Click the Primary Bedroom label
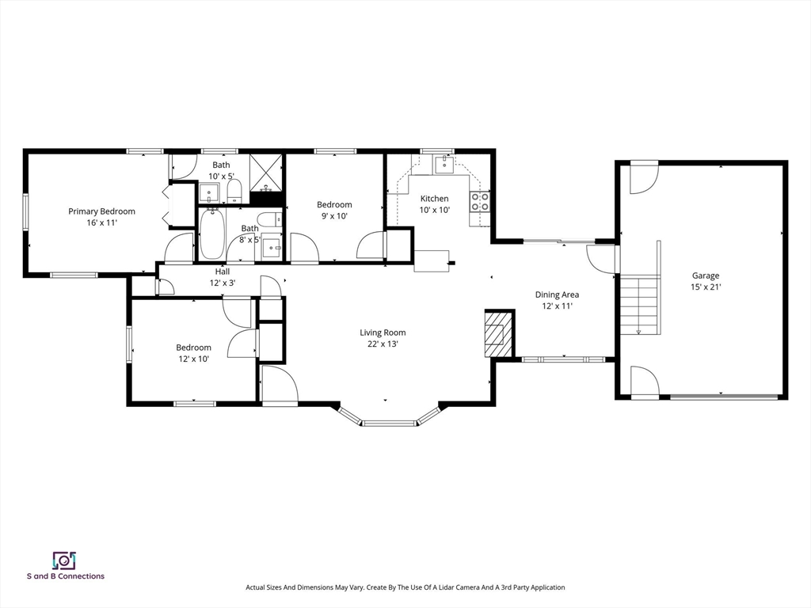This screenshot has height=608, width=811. click(102, 211)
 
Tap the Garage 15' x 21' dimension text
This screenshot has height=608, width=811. click(706, 287)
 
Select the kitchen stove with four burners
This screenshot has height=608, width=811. click(480, 202)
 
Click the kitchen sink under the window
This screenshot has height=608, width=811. click(444, 165)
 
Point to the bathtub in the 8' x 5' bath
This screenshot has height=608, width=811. click(212, 234)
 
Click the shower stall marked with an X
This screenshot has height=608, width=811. click(266, 172)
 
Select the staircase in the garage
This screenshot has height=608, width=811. click(640, 306)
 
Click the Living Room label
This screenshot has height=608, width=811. click(383, 332)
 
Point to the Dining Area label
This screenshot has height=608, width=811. click(557, 294)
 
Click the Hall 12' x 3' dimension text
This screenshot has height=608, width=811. click(223, 283)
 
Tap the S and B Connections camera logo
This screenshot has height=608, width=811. click(65, 560)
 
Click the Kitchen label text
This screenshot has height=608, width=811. click(435, 199)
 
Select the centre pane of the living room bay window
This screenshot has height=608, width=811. click(389, 424)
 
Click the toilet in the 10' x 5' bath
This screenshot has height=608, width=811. click(234, 192)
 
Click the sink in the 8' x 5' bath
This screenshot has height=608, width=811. click(271, 248)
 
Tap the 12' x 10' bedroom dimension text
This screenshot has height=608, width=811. click(193, 359)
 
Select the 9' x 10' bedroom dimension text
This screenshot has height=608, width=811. click(334, 216)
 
